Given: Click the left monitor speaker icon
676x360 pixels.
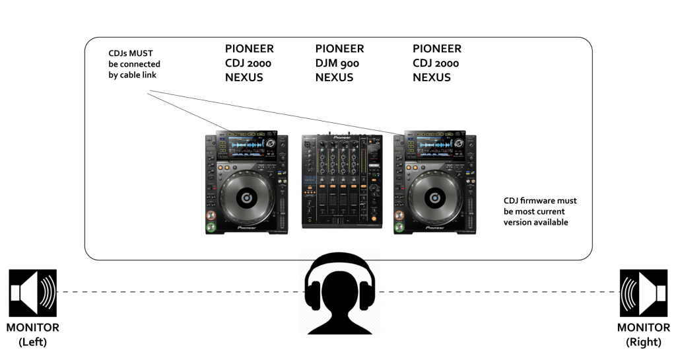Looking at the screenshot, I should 32,292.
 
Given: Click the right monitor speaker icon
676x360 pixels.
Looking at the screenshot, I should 643,292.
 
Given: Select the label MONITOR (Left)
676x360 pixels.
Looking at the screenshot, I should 32,334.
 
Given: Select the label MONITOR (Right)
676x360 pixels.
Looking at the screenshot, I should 643,334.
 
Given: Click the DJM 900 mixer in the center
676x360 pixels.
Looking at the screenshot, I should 341,181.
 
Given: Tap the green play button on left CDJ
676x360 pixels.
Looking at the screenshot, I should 212,229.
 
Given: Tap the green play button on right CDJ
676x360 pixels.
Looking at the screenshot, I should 399,229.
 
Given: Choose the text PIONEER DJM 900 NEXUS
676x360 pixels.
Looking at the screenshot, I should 339,63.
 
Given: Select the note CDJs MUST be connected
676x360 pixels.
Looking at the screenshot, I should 135,64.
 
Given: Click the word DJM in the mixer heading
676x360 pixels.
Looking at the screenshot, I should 326,63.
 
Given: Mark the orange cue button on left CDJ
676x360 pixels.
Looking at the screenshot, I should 212,216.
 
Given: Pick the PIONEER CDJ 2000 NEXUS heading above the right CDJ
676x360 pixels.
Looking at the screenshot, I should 436,63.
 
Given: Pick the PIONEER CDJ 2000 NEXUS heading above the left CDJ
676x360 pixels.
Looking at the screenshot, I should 249,63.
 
